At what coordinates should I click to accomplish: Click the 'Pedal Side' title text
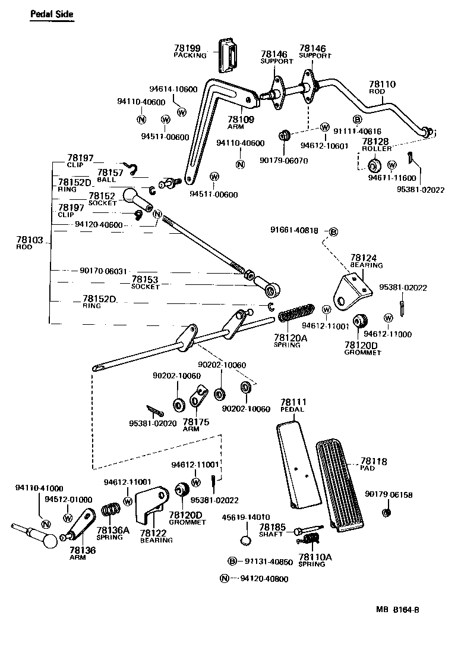(52, 14)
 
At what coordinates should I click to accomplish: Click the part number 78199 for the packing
(187, 48)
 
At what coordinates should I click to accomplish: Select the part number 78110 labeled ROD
(381, 85)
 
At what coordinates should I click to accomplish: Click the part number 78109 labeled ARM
(241, 119)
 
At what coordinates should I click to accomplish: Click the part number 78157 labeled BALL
(109, 172)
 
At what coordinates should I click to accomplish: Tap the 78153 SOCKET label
(145, 279)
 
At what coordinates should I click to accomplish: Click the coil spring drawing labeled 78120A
(295, 313)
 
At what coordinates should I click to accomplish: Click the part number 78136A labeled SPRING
(109, 529)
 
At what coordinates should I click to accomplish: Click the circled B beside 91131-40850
(233, 561)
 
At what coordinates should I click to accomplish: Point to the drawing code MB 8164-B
(402, 610)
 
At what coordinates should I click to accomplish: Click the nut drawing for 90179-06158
(386, 512)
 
